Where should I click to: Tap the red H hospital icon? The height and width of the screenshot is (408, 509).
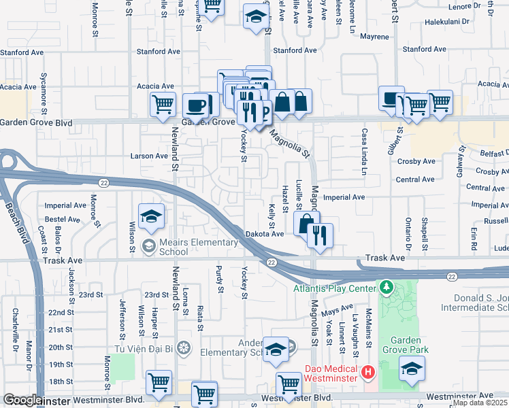[x=368, y=372]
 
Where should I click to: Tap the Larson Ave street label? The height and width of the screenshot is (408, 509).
[x=149, y=156]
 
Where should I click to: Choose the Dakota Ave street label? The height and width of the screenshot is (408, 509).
[x=264, y=234]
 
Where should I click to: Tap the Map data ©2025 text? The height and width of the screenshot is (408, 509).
[x=480, y=403]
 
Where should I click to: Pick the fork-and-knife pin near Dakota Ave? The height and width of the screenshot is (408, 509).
[x=318, y=236]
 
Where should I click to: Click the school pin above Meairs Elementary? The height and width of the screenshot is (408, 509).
[x=151, y=217]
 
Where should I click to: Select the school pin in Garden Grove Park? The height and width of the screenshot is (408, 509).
[x=412, y=369]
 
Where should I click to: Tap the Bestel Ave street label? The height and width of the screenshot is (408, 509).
[x=63, y=220]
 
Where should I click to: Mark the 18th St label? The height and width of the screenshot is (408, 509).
[x=61, y=381]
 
